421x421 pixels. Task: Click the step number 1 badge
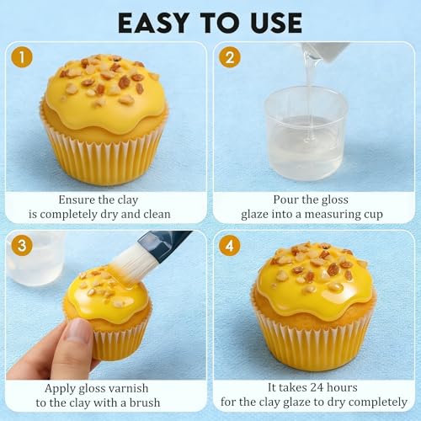coord(22,57)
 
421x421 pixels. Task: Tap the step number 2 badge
coord(230,57)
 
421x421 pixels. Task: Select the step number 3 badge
coord(22,245)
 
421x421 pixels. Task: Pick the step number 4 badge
coord(230,245)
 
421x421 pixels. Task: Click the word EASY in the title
coord(153,23)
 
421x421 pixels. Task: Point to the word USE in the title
coord(275,23)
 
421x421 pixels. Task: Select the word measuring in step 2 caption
coord(332,215)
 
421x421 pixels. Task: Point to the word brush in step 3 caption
coord(145,402)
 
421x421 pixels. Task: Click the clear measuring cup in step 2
coord(306,132)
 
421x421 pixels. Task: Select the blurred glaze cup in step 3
coord(36,258)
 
